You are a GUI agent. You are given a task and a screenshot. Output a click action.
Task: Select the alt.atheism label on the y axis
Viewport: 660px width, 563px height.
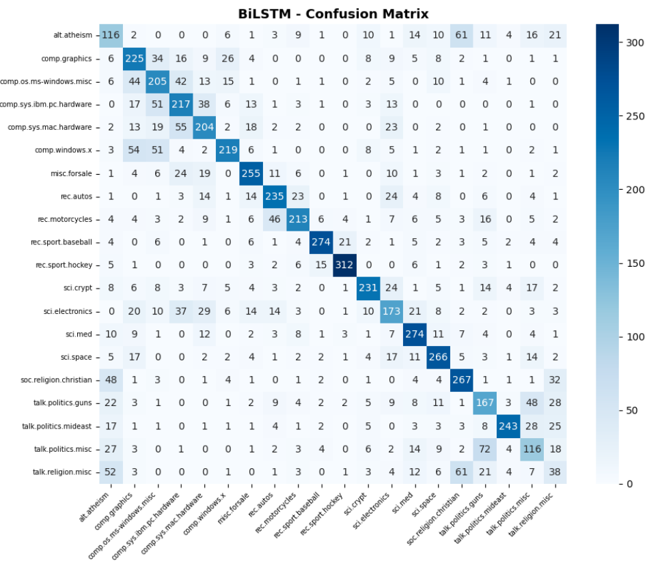point(74,35)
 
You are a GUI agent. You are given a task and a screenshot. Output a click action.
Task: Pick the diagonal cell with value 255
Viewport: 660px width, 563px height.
point(251,173)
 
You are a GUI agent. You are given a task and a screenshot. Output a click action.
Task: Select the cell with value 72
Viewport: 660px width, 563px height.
point(485,449)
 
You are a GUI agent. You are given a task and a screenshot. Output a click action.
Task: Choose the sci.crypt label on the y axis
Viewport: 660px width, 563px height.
point(80,288)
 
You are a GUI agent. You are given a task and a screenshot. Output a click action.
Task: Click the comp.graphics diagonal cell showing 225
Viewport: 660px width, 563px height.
point(134,58)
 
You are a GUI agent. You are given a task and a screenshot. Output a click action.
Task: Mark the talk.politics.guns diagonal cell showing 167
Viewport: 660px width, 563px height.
point(485,403)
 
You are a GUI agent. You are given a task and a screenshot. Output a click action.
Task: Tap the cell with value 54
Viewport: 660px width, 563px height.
point(134,150)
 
